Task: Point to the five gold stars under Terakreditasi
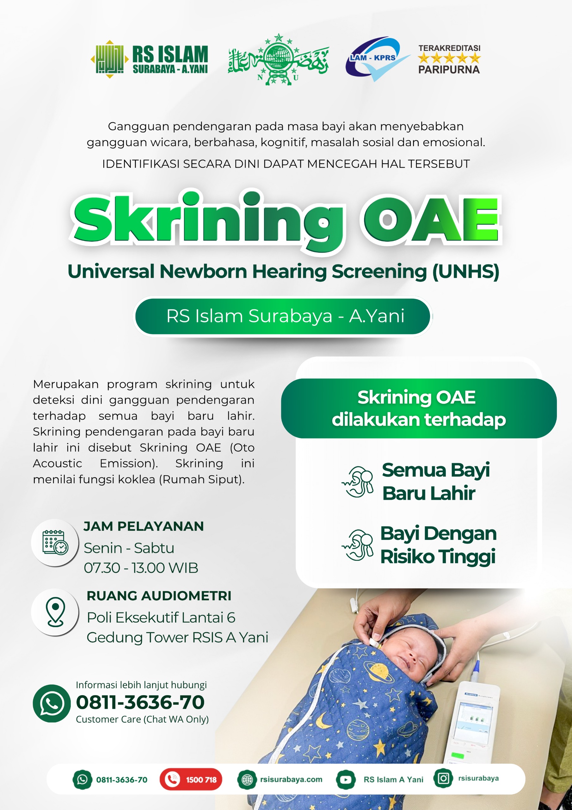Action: [449, 58]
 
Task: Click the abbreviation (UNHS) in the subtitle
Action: [465, 272]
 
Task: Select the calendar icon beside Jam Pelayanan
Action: [55, 542]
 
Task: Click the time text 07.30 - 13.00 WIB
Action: [141, 568]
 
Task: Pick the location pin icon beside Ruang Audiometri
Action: [55, 612]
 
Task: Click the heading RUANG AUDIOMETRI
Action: [159, 596]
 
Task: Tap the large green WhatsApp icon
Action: [52, 703]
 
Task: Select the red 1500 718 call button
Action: [191, 779]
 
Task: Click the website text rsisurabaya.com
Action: [291, 779]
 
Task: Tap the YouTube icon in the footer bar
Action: [346, 779]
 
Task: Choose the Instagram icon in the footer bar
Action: [443, 778]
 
